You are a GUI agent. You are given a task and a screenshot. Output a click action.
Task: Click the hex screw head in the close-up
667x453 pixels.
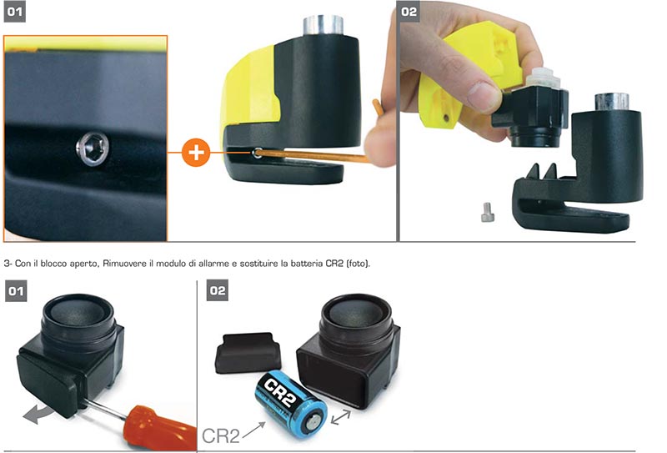pyautogui.click(x=93, y=148)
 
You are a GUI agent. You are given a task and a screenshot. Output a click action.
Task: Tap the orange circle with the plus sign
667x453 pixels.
pyautogui.click(x=196, y=153)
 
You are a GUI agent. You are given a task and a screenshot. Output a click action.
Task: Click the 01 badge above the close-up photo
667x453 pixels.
pyautogui.click(x=14, y=12)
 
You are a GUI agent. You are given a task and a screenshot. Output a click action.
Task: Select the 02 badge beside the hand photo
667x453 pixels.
pyautogui.click(x=409, y=12)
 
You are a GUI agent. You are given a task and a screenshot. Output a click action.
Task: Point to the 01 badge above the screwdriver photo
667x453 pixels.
pyautogui.click(x=16, y=291)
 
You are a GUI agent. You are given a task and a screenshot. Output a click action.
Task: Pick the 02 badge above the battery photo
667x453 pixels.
pyautogui.click(x=218, y=290)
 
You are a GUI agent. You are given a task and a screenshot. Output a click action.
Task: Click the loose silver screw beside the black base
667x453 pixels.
pyautogui.click(x=488, y=212)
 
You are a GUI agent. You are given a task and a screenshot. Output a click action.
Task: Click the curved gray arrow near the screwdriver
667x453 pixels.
pyautogui.click(x=38, y=415)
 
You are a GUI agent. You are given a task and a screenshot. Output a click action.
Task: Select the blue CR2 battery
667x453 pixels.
pyautogui.click(x=291, y=401)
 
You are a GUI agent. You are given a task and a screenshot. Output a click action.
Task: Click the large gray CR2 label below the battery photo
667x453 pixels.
pyautogui.click(x=220, y=436)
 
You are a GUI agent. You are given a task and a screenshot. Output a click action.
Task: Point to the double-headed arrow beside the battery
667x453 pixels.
pyautogui.click(x=341, y=417)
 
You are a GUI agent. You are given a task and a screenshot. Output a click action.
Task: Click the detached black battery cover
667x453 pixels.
pyautogui.click(x=248, y=353)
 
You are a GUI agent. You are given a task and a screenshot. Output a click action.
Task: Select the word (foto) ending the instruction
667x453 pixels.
pyautogui.click(x=359, y=264)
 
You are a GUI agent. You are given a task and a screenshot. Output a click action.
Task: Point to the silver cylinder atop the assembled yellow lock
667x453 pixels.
pyautogui.click(x=323, y=26)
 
